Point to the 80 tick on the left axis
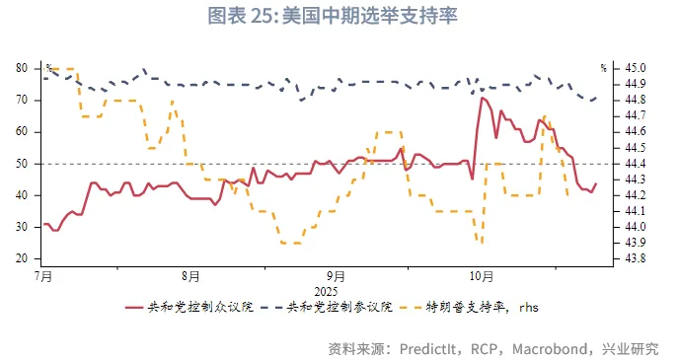[x=21, y=68]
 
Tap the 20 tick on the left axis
[x=21, y=258]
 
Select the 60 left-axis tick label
[x=21, y=131]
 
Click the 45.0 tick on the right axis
[x=635, y=68]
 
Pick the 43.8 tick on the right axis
[x=635, y=258]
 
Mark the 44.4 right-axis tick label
[x=635, y=164]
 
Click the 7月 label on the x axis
[x=42, y=277]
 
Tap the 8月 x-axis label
[x=191, y=277]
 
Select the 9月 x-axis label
[x=336, y=277]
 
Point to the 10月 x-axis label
[x=481, y=277]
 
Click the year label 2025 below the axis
[x=327, y=292]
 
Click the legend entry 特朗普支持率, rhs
[x=481, y=308]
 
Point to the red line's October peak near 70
[x=482, y=98]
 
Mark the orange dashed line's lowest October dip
[x=481, y=242]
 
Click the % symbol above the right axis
[x=603, y=68]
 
